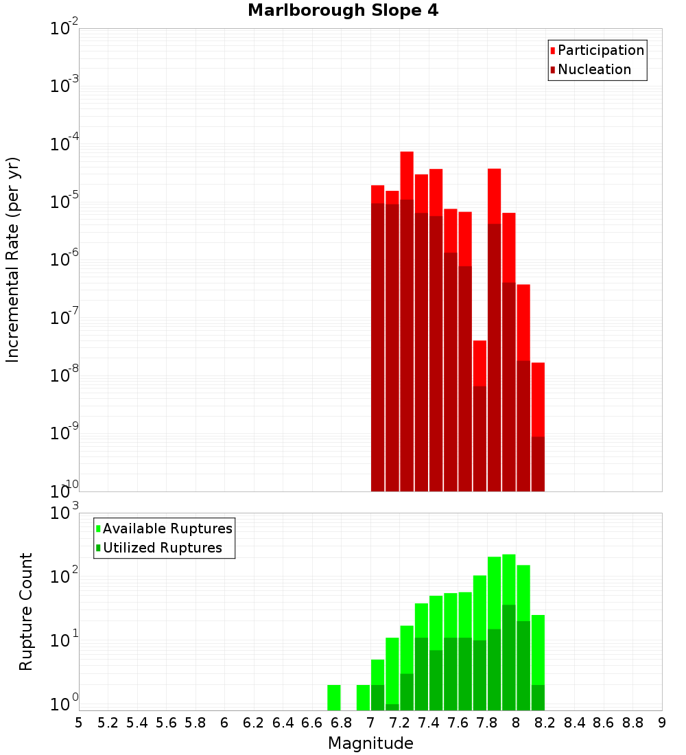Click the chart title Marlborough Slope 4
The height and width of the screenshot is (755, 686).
[x=342, y=10]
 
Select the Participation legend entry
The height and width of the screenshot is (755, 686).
[x=600, y=50]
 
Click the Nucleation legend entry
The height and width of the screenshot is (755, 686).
[x=593, y=69]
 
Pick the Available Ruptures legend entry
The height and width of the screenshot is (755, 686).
[x=167, y=528]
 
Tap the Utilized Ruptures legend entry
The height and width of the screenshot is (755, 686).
[x=162, y=548]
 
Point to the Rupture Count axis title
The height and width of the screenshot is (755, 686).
[x=26, y=612]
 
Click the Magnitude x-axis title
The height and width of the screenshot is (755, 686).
[x=370, y=743]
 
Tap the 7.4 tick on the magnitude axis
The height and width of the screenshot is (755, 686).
[x=429, y=722]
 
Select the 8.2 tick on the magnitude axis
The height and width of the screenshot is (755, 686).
[x=545, y=722]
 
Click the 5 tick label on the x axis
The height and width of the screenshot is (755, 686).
[x=79, y=722]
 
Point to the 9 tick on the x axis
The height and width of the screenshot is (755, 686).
[x=662, y=722]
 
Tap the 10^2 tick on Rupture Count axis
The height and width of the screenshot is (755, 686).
[x=66, y=577]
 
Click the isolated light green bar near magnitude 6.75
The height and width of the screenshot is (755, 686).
[x=334, y=697]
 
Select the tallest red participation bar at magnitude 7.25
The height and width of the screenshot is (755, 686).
[x=407, y=175]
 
